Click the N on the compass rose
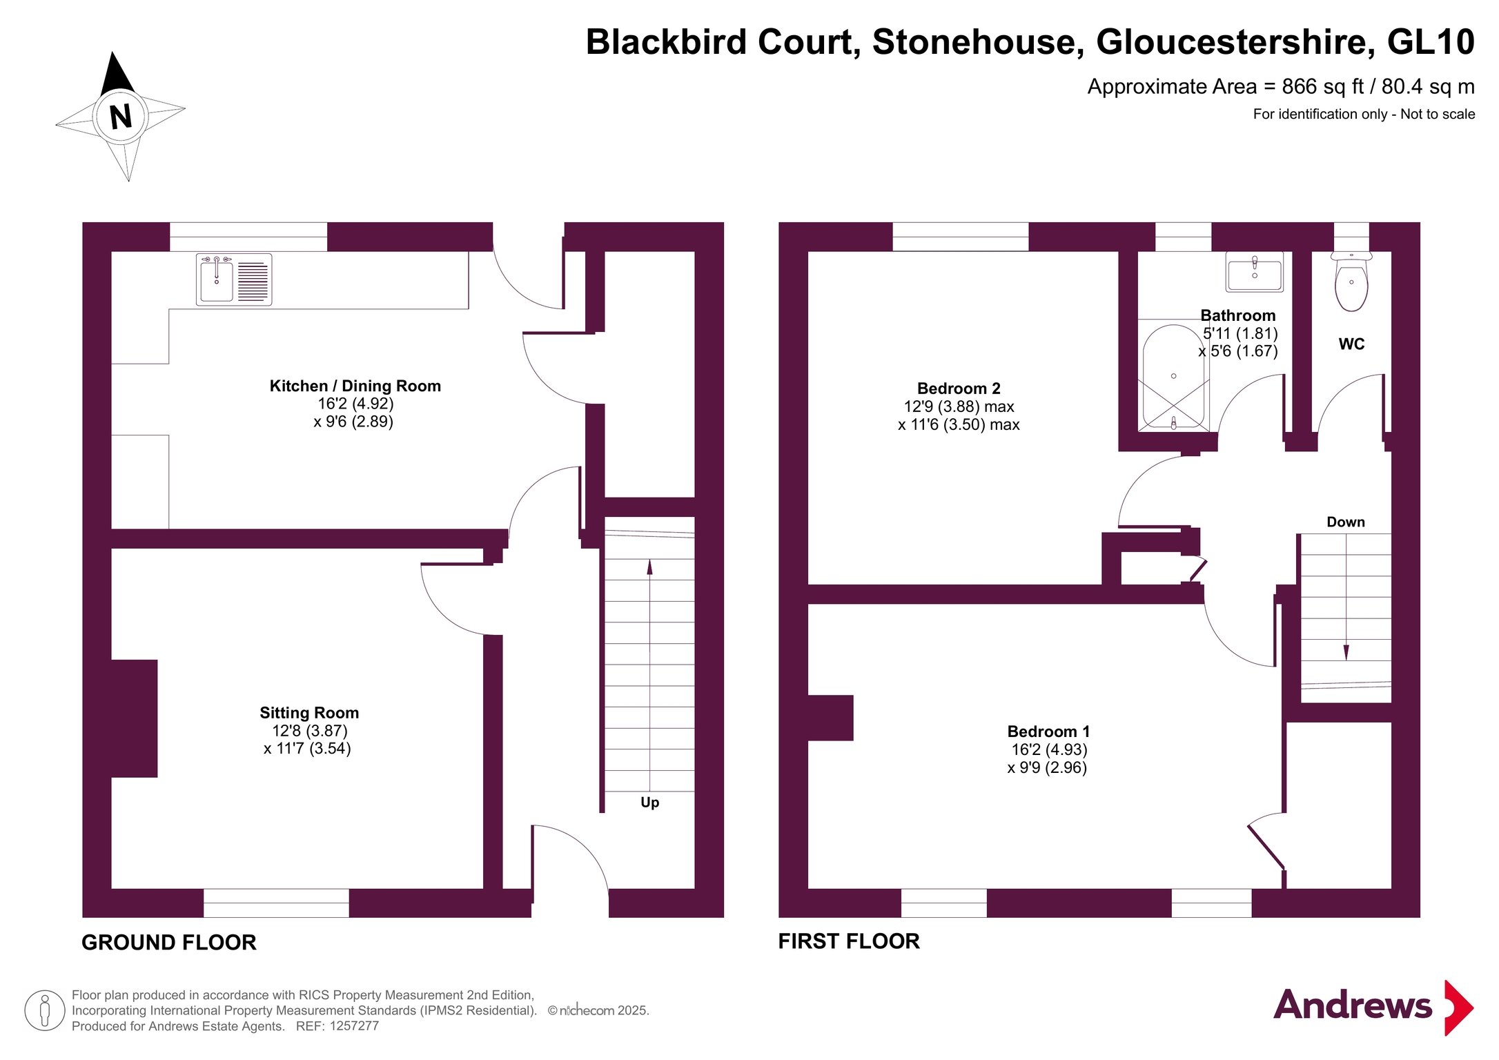coord(121,116)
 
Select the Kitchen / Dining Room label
coord(355,386)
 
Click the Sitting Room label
coord(309,713)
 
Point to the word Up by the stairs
coord(649,802)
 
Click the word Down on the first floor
coord(1345,522)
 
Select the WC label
coord(1351,344)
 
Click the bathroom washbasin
coord(1254,272)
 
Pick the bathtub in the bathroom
coord(1173,377)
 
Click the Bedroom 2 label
coord(958,389)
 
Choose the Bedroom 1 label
coord(1048,732)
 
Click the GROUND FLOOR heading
coord(169,942)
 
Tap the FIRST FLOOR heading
coord(849,941)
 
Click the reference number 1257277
coord(354,1026)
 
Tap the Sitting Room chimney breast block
coord(135,718)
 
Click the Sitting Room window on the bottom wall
coord(276,903)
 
